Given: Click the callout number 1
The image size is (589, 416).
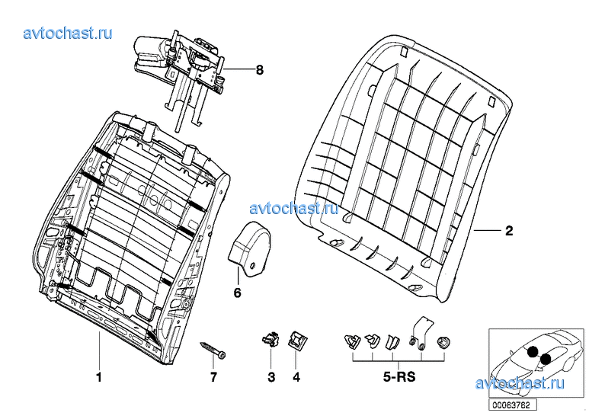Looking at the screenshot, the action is (x=99, y=377).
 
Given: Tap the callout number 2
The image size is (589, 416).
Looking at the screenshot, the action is (x=509, y=231).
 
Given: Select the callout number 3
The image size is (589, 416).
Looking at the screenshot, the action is (x=271, y=377).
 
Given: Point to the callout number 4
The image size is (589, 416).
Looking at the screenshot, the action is (x=296, y=377).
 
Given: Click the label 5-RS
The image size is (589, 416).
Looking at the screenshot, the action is (x=399, y=376).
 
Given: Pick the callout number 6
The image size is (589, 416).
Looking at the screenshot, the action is (x=238, y=293).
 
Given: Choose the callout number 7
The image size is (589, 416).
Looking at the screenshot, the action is (x=213, y=377).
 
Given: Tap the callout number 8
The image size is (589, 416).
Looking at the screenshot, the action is (x=260, y=70).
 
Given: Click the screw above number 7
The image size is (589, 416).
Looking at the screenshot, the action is (x=213, y=350).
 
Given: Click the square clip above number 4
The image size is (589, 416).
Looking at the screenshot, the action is (x=296, y=339).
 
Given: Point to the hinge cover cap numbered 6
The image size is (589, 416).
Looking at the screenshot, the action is (x=249, y=249).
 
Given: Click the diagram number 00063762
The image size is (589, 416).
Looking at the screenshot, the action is (x=511, y=405).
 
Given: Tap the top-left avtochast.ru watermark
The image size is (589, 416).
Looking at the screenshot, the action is (x=68, y=34).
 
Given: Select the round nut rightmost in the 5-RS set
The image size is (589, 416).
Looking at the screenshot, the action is (x=443, y=342).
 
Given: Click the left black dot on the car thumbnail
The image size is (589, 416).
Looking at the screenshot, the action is (x=533, y=351).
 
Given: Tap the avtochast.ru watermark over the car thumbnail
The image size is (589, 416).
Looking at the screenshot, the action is (x=520, y=383).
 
